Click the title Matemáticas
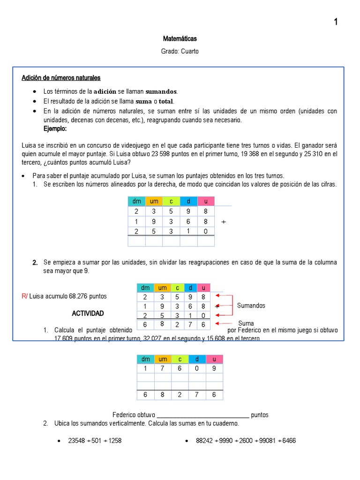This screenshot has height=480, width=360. pos(180,38)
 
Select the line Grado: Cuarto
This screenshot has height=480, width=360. pos(180,51)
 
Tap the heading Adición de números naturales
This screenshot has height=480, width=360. pos(61,77)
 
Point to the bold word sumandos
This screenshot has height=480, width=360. pos(161,91)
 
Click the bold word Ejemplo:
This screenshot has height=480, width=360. pos(55,128)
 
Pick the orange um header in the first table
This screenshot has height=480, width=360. pos(154,201)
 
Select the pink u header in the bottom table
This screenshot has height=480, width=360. pos(214,359)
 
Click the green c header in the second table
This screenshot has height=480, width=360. pos(178,287)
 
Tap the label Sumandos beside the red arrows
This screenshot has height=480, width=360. pos(251,306)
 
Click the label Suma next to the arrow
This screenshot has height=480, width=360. pos(246,323)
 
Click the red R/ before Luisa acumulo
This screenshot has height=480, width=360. pos(25,296)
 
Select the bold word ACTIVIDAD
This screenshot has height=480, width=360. pos(88,313)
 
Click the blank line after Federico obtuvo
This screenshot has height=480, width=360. pos(202,415)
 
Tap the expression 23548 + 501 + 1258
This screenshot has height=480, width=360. pos(95,441)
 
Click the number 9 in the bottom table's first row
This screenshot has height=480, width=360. pos(214,368)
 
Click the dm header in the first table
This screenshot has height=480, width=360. pos(136,201)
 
